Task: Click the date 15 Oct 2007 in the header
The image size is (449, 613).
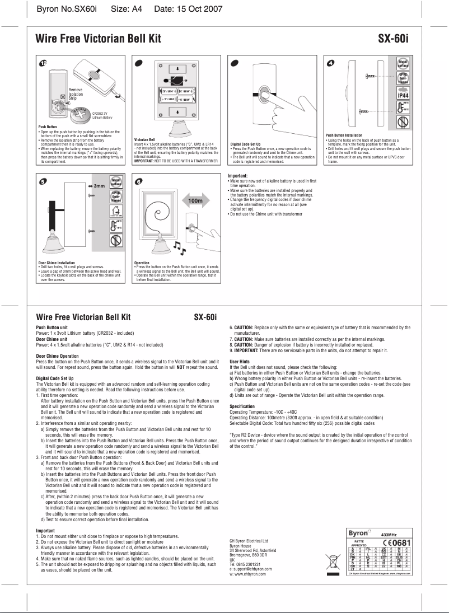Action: [x=188, y=9]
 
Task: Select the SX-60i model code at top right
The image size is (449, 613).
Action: [x=395, y=39]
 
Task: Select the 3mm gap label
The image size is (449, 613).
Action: [x=99, y=185]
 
